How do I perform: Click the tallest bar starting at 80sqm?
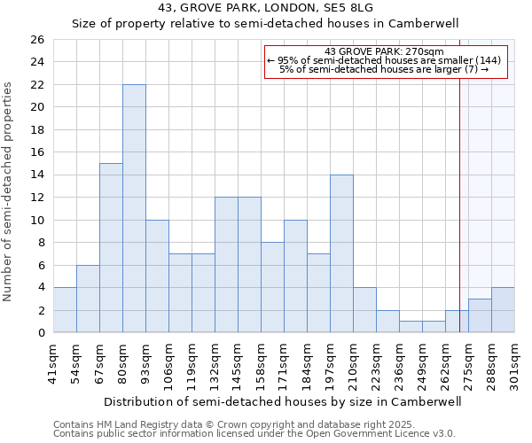pyautogui.click(x=134, y=208)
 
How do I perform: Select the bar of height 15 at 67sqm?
pyautogui.click(x=111, y=248)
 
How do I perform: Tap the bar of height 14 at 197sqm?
pyautogui.click(x=341, y=253)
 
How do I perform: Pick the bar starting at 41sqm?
pyautogui.click(x=65, y=310)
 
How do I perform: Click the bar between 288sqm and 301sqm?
pyautogui.click(x=503, y=310)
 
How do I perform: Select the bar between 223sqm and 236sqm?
pyautogui.click(x=387, y=322)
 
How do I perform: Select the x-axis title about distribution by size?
pyautogui.click(x=284, y=401)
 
